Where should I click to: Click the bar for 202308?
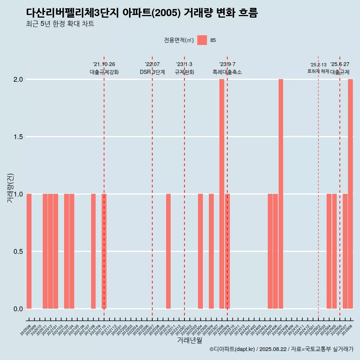click(x=222, y=194)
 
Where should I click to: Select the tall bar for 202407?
click(x=281, y=194)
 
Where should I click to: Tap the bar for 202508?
click(x=350, y=194)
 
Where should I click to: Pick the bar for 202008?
click(x=29, y=251)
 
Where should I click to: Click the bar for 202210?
click(x=168, y=251)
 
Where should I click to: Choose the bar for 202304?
click(x=201, y=251)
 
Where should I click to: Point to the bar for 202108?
click(x=93, y=251)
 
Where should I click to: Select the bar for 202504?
click(x=329, y=251)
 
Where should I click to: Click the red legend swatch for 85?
click(x=202, y=40)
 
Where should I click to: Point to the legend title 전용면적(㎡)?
click(x=179, y=40)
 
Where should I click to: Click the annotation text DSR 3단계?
click(x=152, y=72)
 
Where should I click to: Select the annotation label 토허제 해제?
click(x=318, y=71)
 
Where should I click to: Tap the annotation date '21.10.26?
click(x=104, y=64)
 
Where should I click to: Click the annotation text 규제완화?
click(x=184, y=72)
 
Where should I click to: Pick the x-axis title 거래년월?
click(x=189, y=340)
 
